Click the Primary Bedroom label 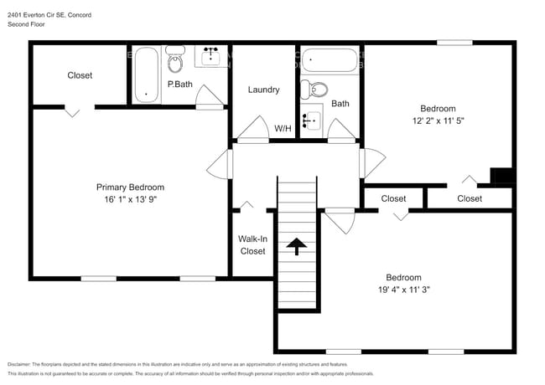(130, 187)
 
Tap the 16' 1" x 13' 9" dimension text (131, 199)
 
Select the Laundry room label (263, 90)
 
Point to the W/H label (283, 129)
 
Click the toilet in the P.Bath (175, 59)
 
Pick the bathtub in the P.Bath (147, 74)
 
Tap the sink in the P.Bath (210, 56)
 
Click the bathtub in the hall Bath (330, 60)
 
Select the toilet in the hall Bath (314, 90)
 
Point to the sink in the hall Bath (312, 121)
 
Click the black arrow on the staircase (297, 246)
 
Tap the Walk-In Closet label (252, 245)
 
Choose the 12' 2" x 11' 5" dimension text (439, 121)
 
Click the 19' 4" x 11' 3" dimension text (404, 290)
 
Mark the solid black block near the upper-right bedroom (502, 176)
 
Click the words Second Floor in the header (26, 24)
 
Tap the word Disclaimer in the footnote (19, 365)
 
